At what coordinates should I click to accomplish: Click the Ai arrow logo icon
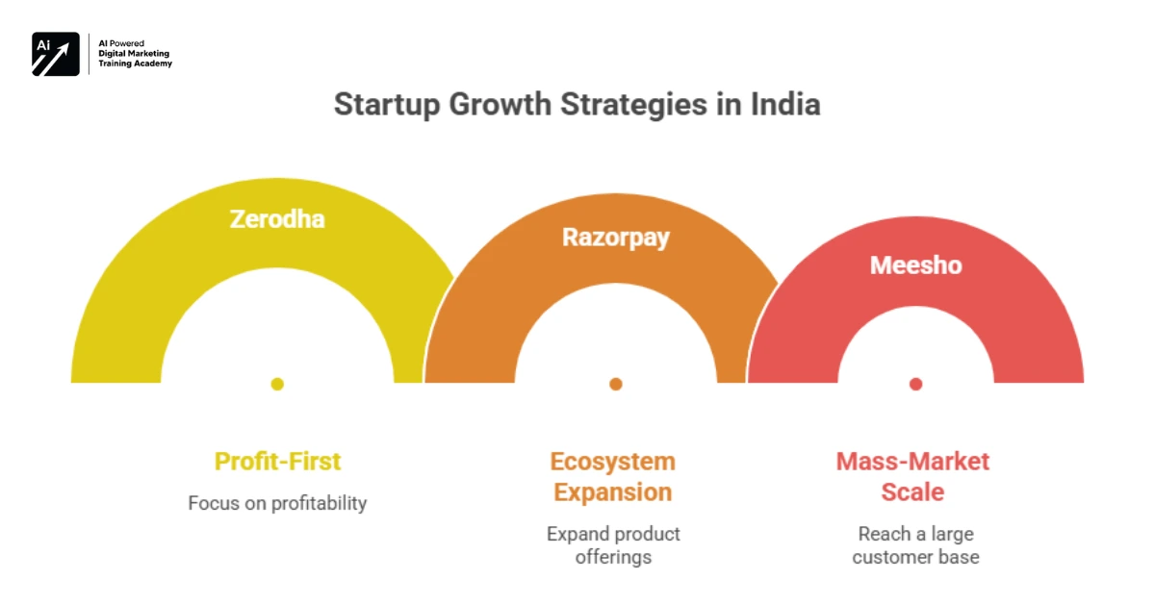pyautogui.click(x=56, y=54)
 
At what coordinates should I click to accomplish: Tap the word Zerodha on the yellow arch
pyautogui.click(x=277, y=219)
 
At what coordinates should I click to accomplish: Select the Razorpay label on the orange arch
pyautogui.click(x=616, y=238)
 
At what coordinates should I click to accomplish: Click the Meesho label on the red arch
pyautogui.click(x=915, y=264)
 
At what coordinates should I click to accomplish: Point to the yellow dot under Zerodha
pyautogui.click(x=277, y=384)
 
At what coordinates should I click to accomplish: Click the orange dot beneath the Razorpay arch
pyautogui.click(x=616, y=384)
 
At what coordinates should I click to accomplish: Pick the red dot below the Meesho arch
pyautogui.click(x=915, y=384)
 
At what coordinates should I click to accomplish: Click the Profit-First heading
pyautogui.click(x=277, y=461)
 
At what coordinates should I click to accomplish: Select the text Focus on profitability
pyautogui.click(x=277, y=503)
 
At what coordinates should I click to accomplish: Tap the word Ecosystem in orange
pyautogui.click(x=613, y=461)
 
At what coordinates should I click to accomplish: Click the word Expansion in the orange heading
pyautogui.click(x=613, y=492)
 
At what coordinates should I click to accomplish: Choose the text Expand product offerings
pyautogui.click(x=613, y=544)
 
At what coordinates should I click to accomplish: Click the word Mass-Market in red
pyautogui.click(x=912, y=461)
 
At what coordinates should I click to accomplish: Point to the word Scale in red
pyautogui.click(x=912, y=492)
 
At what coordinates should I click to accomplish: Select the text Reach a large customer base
pyautogui.click(x=915, y=544)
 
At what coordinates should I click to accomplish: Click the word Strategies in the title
pyautogui.click(x=623, y=104)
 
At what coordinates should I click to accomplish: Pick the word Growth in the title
pyautogui.click(x=491, y=104)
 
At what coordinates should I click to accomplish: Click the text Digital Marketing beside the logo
pyautogui.click(x=134, y=53)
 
